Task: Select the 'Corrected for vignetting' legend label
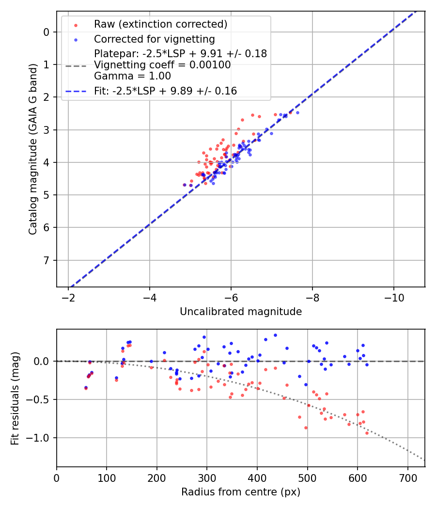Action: pyautogui.click(x=154, y=39)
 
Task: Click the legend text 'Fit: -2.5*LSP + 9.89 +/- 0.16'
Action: pyautogui.click(x=165, y=91)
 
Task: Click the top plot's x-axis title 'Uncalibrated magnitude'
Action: pyautogui.click(x=241, y=312)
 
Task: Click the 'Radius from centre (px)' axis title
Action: pyautogui.click(x=241, y=492)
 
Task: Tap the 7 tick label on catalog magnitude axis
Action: pyautogui.click(x=47, y=260)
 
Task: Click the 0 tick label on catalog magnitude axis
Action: pyautogui.click(x=47, y=32)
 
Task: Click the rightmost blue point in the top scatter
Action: pyautogui.click(x=297, y=112)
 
